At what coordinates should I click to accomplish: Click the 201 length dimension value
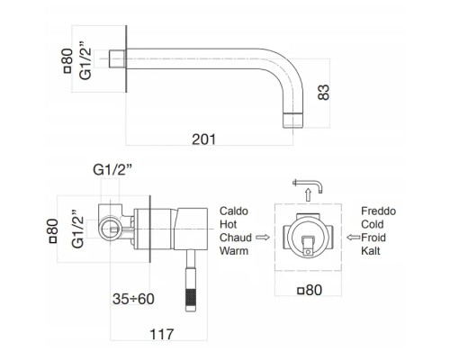[203, 139]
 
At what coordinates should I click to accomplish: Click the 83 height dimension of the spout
[323, 92]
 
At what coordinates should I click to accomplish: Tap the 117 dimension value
[162, 334]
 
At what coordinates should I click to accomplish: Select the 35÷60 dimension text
[133, 299]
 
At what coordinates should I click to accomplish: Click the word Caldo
[234, 211]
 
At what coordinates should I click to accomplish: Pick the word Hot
[228, 224]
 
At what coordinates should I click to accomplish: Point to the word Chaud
[236, 238]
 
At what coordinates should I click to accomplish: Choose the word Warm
[234, 250]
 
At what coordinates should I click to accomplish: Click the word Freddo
[378, 211]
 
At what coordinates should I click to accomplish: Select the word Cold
[373, 224]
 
